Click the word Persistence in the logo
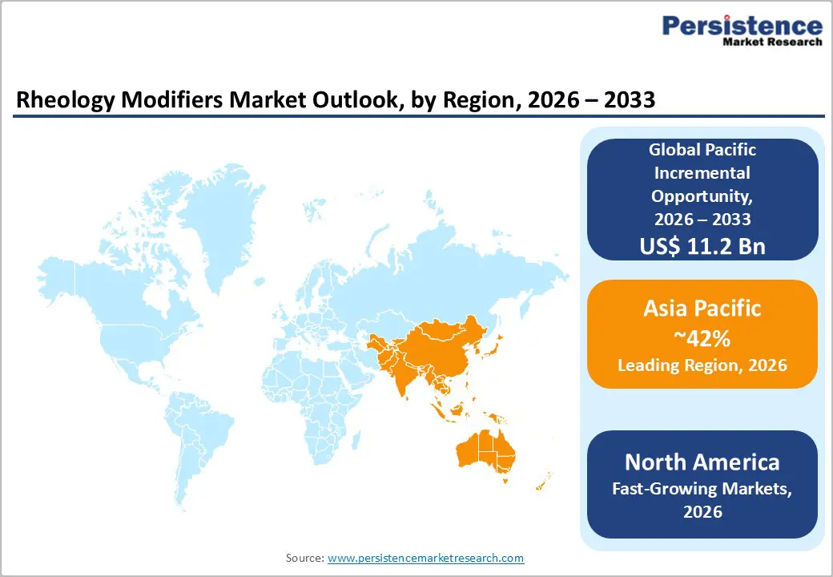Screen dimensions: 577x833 741,26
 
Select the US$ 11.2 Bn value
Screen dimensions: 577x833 702,246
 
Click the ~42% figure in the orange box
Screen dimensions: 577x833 702,338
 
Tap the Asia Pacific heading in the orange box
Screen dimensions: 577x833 702,308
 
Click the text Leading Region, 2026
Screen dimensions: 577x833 702,365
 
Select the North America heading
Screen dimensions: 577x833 702,462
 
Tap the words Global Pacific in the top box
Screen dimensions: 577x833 702,149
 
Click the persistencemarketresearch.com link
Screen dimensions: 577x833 425,558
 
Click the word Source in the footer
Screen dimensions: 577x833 304,558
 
